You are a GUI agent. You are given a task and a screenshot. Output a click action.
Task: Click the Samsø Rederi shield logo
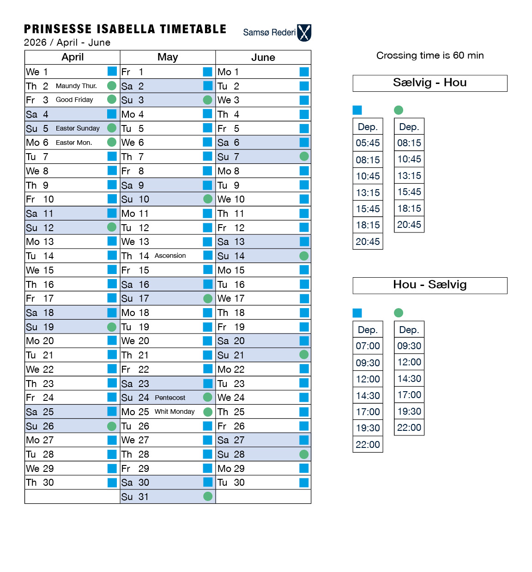click(x=304, y=33)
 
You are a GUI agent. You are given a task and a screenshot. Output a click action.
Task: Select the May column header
click(x=167, y=57)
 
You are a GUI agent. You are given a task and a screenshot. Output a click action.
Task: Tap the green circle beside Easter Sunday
click(x=112, y=128)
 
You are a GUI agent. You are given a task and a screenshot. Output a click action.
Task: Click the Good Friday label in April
click(x=74, y=100)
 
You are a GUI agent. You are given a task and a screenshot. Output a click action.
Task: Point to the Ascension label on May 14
click(x=170, y=256)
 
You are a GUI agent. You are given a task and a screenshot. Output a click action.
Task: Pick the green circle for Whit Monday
click(x=208, y=412)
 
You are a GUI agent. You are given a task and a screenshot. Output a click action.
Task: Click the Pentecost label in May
click(x=170, y=398)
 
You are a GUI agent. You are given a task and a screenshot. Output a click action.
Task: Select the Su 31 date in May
click(x=134, y=497)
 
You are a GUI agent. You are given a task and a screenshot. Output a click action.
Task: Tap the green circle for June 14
click(x=304, y=256)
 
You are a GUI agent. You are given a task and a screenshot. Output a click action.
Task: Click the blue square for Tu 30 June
click(x=304, y=483)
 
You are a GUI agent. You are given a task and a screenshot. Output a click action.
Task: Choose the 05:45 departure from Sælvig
click(x=368, y=143)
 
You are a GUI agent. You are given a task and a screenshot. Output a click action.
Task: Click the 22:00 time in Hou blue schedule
click(x=368, y=445)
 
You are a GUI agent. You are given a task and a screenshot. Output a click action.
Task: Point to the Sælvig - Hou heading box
click(x=429, y=83)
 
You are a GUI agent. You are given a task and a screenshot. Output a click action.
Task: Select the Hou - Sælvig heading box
click(x=429, y=285)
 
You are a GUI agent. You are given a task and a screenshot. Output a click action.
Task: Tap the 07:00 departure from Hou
click(x=368, y=346)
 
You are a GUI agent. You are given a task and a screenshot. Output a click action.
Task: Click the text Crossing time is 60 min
click(x=429, y=55)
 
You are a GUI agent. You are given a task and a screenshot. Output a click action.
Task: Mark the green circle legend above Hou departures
click(x=399, y=313)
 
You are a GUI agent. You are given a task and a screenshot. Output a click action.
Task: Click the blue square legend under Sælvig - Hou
click(x=357, y=110)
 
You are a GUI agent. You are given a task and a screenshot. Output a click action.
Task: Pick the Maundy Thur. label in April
click(x=76, y=86)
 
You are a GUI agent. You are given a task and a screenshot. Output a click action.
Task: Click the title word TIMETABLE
click(x=193, y=29)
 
